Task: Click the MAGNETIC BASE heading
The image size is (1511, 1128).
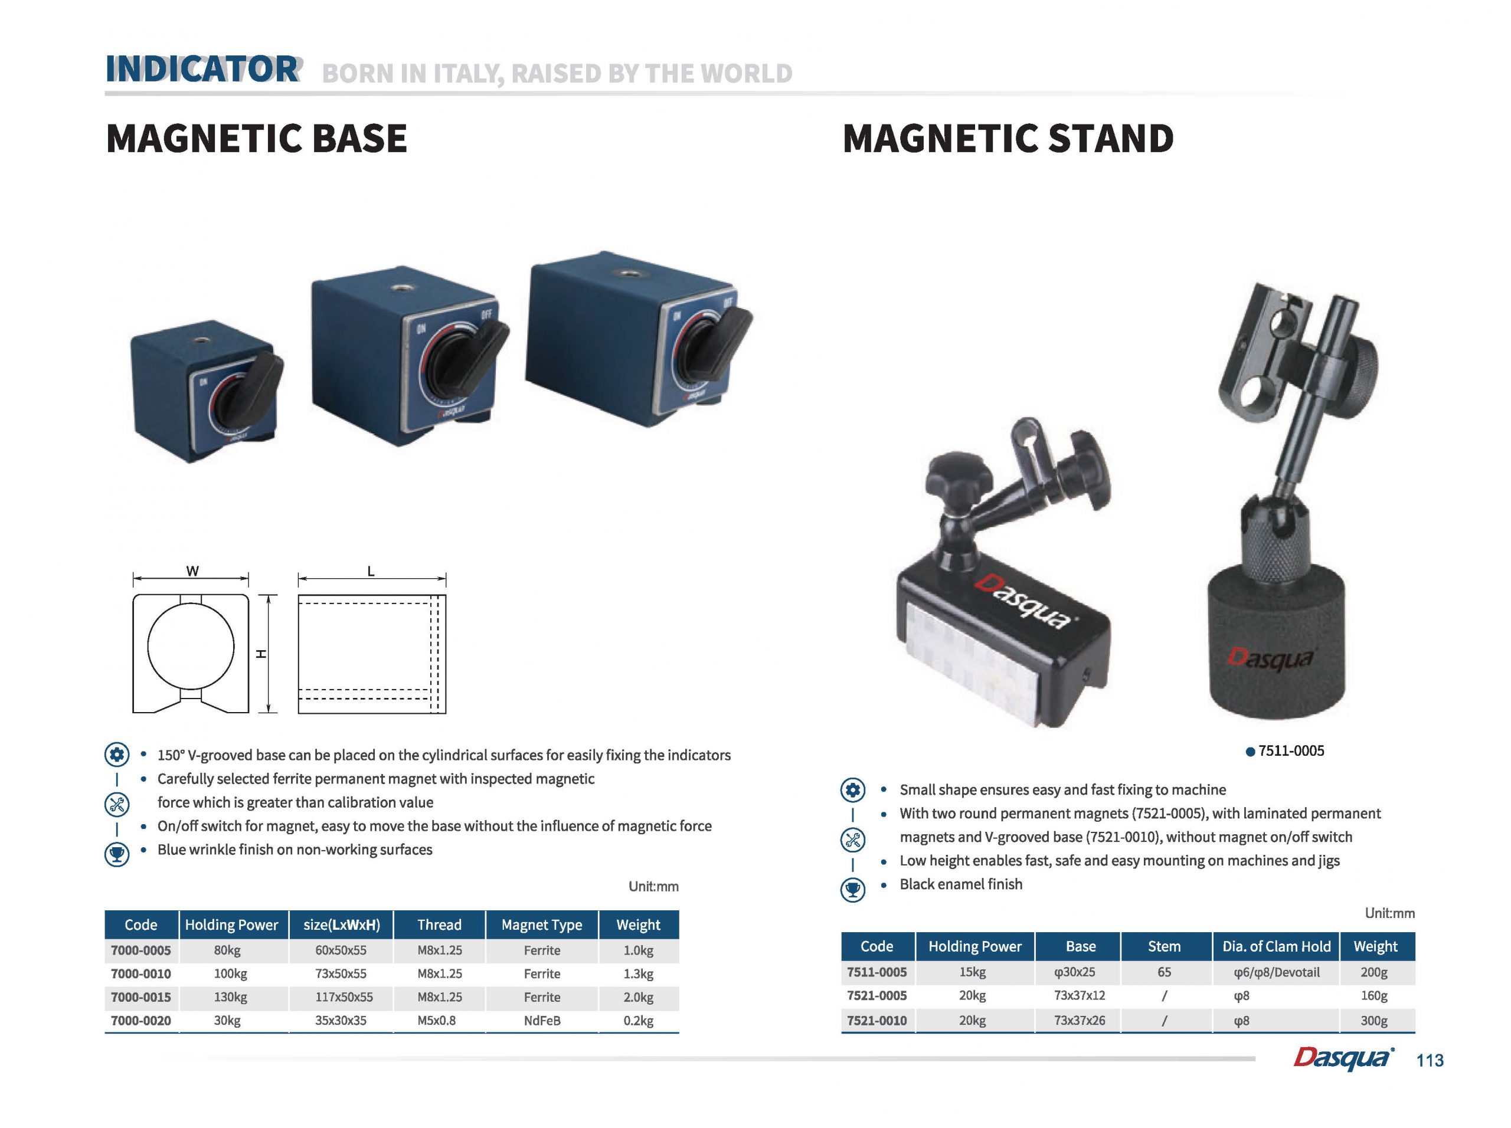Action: click(256, 139)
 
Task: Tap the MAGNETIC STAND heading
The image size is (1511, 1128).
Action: click(1008, 139)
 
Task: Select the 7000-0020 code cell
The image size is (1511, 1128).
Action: click(140, 1020)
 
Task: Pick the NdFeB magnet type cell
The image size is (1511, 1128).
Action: click(542, 1020)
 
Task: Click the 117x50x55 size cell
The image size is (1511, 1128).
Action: click(344, 997)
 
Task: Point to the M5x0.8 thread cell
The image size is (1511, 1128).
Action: click(437, 1020)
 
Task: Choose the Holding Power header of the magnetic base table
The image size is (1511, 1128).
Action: click(231, 924)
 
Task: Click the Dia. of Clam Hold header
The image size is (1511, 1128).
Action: click(1276, 946)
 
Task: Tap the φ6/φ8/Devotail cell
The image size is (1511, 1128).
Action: click(1276, 972)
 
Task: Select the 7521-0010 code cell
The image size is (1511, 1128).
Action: click(877, 1020)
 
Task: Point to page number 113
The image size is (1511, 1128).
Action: click(1430, 1060)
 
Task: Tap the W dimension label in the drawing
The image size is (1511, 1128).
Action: click(192, 571)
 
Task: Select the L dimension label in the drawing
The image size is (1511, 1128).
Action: click(371, 571)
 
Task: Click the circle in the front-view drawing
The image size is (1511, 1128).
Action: click(148, 645)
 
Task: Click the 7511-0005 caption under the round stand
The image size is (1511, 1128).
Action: click(1291, 751)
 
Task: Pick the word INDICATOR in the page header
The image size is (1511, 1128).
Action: click(203, 69)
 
